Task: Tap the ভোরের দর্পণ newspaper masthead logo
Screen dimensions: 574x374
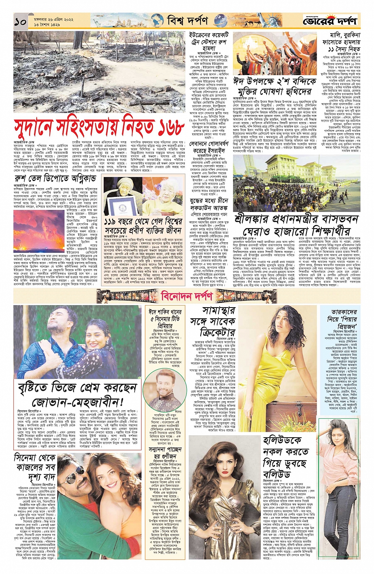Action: click(330, 20)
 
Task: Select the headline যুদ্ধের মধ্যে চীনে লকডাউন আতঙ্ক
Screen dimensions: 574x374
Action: click(209, 204)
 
